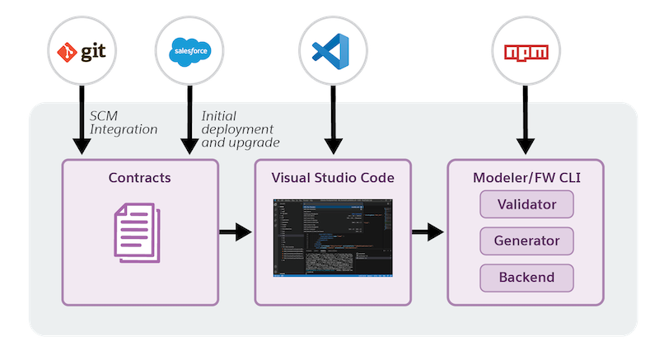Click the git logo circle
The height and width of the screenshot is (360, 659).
[82, 51]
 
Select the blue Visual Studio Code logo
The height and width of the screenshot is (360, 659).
[332, 51]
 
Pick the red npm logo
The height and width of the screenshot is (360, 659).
[526, 51]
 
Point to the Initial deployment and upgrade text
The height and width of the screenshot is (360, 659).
[239, 129]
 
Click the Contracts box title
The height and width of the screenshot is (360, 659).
[140, 178]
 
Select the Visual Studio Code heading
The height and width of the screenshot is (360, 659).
[333, 178]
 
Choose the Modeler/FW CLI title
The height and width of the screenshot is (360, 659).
[526, 178]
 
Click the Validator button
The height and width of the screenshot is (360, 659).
[526, 203]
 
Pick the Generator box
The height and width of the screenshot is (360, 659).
[526, 241]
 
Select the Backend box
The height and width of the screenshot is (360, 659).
[526, 278]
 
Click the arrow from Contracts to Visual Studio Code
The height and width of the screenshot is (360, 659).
[236, 231]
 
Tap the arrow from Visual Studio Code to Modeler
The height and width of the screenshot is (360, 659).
[428, 231]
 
